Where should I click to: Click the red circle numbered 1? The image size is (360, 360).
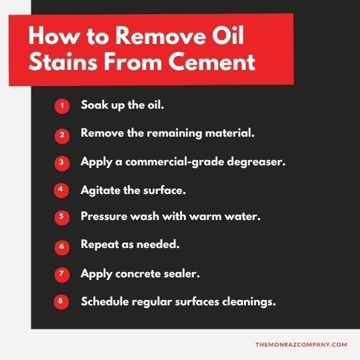tap(61, 106)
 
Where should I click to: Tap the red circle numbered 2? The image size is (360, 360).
tap(61, 134)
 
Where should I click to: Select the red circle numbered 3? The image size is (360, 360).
tap(61, 162)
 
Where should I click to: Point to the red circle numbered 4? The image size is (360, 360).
tap(61, 190)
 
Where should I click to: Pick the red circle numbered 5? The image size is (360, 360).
tap(61, 217)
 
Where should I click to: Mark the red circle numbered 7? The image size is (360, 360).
tap(61, 274)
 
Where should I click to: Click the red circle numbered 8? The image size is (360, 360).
tap(61, 301)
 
